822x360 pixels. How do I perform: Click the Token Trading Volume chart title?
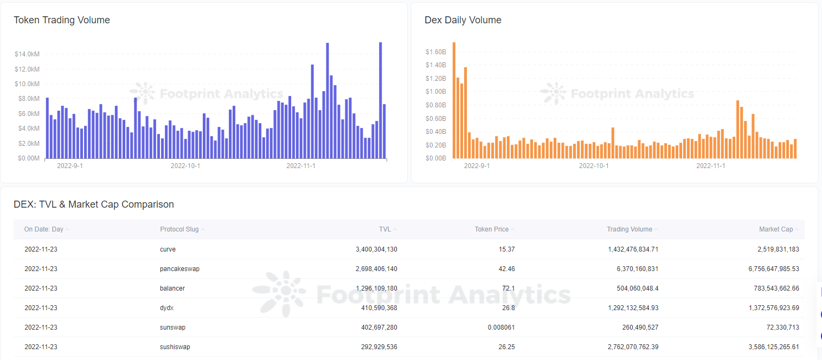click(62, 20)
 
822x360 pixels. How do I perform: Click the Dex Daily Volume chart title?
click(463, 20)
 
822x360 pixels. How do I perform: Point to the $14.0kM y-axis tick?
click(27, 54)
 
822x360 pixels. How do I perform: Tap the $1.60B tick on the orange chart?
click(435, 52)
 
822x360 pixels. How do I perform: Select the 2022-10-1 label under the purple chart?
click(185, 166)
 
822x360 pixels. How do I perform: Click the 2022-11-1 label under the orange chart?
click(710, 166)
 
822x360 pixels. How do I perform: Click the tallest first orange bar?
click(454, 100)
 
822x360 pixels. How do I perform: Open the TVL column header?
click(385, 229)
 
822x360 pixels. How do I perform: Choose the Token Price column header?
click(491, 229)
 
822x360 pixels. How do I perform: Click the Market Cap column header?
click(775, 229)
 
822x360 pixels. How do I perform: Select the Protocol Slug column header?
click(179, 229)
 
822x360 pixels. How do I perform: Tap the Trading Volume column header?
click(629, 229)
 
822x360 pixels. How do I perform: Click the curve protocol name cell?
click(168, 249)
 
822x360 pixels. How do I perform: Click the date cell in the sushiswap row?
click(41, 347)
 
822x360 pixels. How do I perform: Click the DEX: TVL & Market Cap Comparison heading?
click(94, 204)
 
